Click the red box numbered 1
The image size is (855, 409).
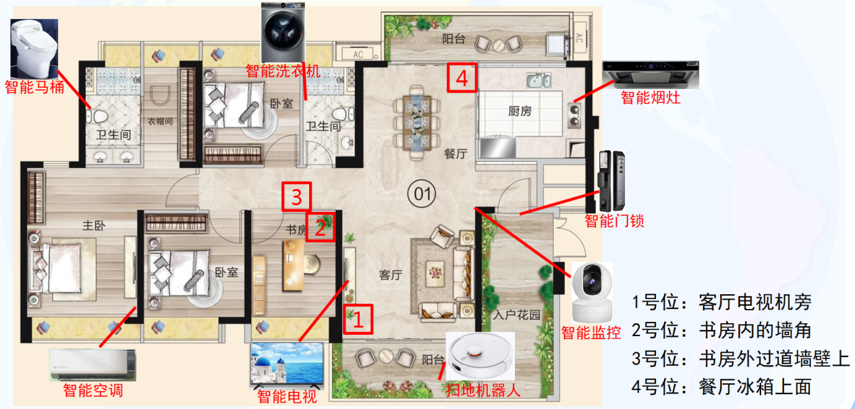point(358,318)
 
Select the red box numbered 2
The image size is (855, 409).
point(321,227)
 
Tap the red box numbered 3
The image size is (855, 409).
point(297,196)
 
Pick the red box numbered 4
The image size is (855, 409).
point(462,78)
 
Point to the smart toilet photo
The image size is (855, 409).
point(34,49)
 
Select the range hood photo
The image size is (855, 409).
point(651,74)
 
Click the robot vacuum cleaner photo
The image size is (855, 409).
point(480,356)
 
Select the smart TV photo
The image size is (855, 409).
point(287,364)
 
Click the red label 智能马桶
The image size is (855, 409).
point(34,86)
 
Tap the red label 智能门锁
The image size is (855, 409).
point(614,220)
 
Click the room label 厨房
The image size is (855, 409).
point(520,111)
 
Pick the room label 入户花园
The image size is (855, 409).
point(516,315)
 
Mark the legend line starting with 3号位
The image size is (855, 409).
point(740,358)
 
